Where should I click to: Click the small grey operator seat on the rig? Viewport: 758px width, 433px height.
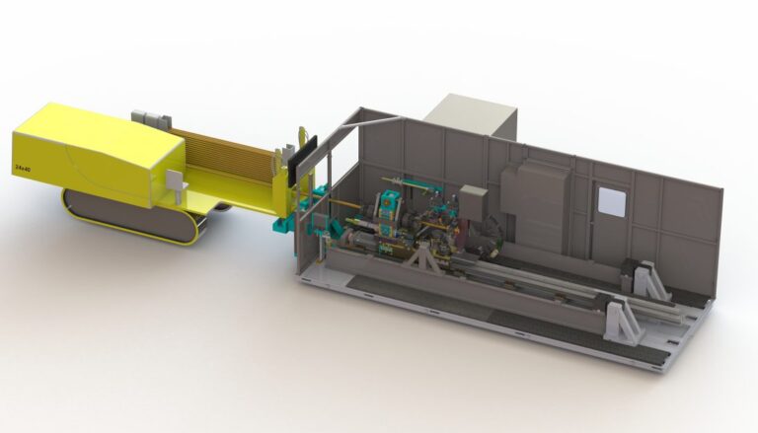click(176, 181)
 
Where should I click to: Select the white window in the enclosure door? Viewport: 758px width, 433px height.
click(611, 203)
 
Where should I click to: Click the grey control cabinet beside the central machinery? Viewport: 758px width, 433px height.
click(473, 205)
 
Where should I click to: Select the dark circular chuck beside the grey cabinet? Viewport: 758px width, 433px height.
click(493, 234)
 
